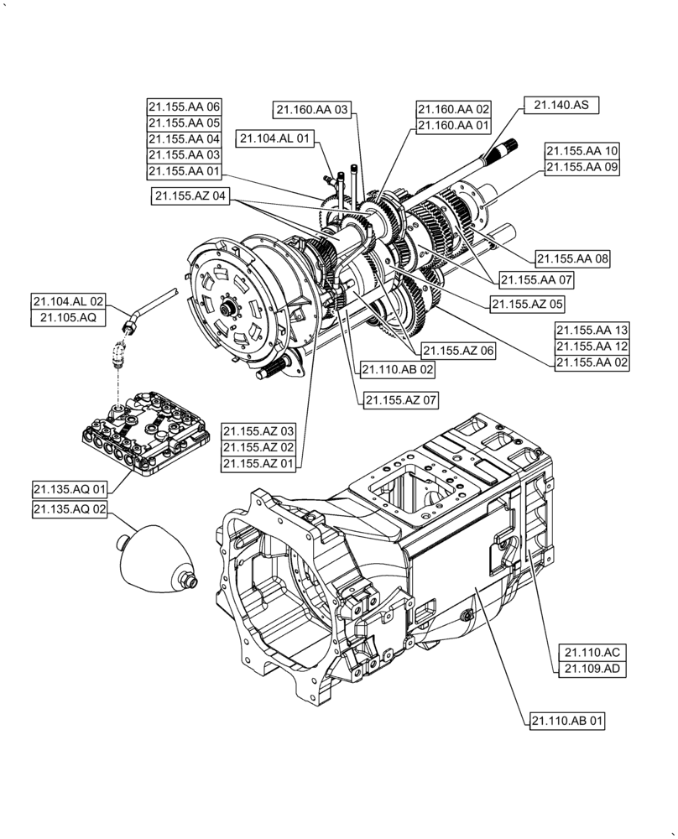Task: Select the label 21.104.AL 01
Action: pos(274,138)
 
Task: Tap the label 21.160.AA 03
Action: pos(311,109)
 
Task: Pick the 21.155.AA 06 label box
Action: pos(184,107)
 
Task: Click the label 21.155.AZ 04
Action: pos(190,195)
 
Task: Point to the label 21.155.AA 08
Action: pos(571,259)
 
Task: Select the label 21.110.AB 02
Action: pos(398,368)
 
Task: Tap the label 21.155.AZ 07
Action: pos(401,401)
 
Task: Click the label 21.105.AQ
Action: pos(68,316)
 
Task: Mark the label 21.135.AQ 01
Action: pos(70,488)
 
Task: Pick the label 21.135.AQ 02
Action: pos(70,510)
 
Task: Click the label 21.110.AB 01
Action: pos(567,720)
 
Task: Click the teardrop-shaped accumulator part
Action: pos(155,561)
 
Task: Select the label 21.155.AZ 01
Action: pos(258,463)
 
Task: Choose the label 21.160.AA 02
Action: pos(453,109)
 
